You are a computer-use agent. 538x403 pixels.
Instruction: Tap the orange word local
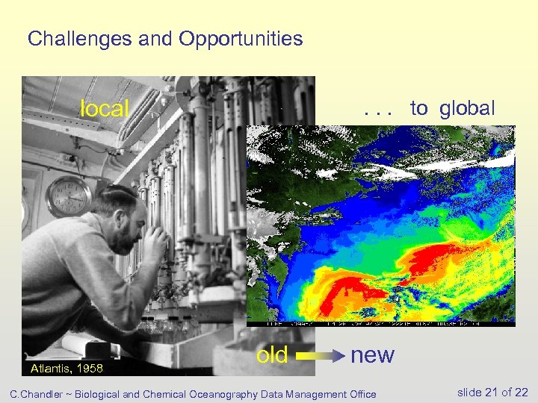point(105,109)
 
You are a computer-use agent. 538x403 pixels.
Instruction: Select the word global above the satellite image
point(467,108)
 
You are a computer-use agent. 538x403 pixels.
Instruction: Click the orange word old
point(272,355)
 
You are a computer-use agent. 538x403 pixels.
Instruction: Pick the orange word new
point(372,355)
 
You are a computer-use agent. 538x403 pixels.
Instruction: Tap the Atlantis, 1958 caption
point(67,369)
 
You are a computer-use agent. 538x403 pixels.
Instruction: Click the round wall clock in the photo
point(68,197)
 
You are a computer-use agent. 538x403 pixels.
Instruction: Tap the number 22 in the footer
point(521,393)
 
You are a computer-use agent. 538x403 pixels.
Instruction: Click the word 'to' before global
point(418,109)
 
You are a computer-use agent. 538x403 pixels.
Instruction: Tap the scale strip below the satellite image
point(380,324)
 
